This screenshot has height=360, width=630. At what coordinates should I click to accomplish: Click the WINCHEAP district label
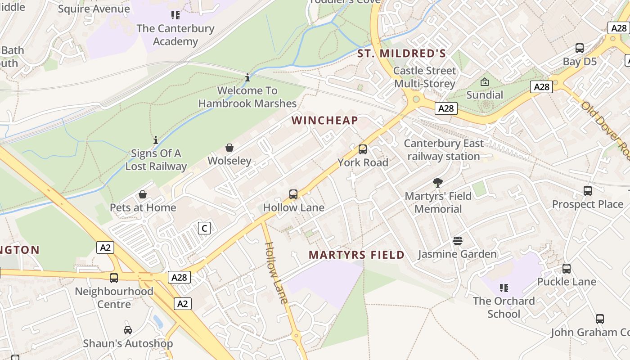pyautogui.click(x=324, y=120)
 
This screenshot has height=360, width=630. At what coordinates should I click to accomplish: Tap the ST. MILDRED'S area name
pyautogui.click(x=401, y=54)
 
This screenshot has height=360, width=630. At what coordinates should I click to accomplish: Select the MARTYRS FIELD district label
pyautogui.click(x=356, y=255)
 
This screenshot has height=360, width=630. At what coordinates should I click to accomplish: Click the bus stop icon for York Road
pyautogui.click(x=363, y=149)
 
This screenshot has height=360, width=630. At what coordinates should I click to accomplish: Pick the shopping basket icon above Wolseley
pyautogui.click(x=229, y=148)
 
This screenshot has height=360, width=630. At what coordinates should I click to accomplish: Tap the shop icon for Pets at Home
pyautogui.click(x=143, y=194)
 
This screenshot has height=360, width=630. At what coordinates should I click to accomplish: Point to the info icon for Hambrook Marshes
pyautogui.click(x=247, y=78)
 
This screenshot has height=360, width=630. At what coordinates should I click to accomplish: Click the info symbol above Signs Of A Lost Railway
pyautogui.click(x=156, y=140)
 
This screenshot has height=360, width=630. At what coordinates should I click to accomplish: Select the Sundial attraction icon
pyautogui.click(x=485, y=82)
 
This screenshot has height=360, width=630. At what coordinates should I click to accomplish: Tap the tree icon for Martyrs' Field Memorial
pyautogui.click(x=438, y=183)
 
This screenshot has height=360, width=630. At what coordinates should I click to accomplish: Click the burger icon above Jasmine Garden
pyautogui.click(x=458, y=241)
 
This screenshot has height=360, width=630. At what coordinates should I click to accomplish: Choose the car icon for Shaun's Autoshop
pyautogui.click(x=128, y=330)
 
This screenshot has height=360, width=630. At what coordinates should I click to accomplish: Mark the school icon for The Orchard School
pyautogui.click(x=504, y=288)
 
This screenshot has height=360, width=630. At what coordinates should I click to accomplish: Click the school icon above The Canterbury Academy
pyautogui.click(x=175, y=15)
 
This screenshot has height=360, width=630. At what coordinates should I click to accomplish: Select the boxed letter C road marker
pyautogui.click(x=204, y=228)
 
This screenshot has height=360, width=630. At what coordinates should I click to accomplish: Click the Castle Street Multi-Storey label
pyautogui.click(x=424, y=77)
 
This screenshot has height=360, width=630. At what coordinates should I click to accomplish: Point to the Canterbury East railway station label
pyautogui.click(x=444, y=150)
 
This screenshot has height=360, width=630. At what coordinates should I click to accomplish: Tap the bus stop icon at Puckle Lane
pyautogui.click(x=567, y=269)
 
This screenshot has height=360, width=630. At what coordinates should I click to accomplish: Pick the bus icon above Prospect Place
pyautogui.click(x=588, y=191)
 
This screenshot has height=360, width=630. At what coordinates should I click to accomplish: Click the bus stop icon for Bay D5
pyautogui.click(x=580, y=48)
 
